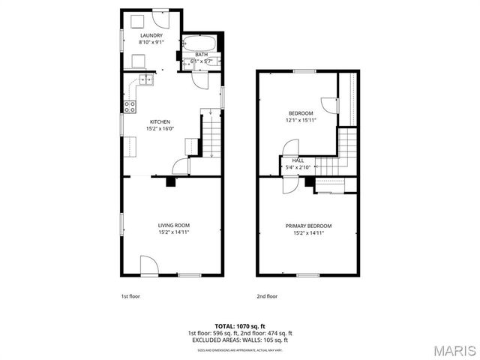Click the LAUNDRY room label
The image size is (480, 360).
[x=150, y=35]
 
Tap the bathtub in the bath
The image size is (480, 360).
[x=200, y=43]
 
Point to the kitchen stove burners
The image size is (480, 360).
[x=129, y=106]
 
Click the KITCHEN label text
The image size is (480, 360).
[x=160, y=121]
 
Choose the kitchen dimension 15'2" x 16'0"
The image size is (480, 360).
[x=160, y=128]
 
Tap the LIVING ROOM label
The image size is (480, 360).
[x=173, y=226]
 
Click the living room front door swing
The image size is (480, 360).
[x=148, y=264]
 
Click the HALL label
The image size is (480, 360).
[x=298, y=160]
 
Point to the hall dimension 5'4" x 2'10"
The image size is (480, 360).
[x=298, y=167]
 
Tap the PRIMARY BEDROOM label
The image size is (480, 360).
[x=308, y=226]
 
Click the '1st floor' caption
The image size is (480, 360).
[x=130, y=295]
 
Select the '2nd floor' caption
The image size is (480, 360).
[x=266, y=295]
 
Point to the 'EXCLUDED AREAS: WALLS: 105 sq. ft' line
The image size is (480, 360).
[x=239, y=340]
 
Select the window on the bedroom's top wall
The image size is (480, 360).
[x=304, y=70]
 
